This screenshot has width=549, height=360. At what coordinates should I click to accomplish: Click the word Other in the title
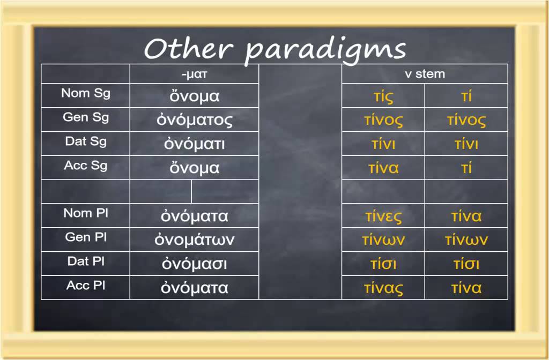click(x=188, y=49)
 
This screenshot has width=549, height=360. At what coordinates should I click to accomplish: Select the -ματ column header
click(x=194, y=74)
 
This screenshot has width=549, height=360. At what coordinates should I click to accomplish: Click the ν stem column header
click(x=425, y=74)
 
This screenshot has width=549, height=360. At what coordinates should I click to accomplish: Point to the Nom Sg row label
click(x=86, y=93)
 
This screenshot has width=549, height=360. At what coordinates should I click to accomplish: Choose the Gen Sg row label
click(x=86, y=117)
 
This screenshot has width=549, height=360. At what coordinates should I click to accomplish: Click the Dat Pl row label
click(x=86, y=261)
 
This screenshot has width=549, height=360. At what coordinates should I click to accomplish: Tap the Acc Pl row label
click(x=86, y=286)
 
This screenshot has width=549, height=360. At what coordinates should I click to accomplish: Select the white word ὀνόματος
click(x=195, y=120)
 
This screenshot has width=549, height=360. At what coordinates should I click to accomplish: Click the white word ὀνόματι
click(x=195, y=144)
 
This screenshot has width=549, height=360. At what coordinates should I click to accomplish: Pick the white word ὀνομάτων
click(x=195, y=240)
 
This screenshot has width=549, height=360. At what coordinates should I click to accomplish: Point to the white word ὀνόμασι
click(x=195, y=264)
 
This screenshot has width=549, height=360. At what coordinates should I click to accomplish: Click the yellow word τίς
click(x=383, y=97)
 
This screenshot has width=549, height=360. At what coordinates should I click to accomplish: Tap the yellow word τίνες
click(x=383, y=216)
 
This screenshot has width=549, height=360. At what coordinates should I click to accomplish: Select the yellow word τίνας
click(x=383, y=288)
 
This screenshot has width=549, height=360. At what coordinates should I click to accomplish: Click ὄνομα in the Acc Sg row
click(x=195, y=168)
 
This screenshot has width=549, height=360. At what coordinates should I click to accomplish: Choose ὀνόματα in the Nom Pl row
click(x=195, y=216)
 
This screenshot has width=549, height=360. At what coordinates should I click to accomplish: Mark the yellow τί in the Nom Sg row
click(x=466, y=96)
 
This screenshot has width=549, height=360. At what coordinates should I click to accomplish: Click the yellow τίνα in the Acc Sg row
click(x=383, y=168)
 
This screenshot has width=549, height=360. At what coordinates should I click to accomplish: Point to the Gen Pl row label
click(x=86, y=237)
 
